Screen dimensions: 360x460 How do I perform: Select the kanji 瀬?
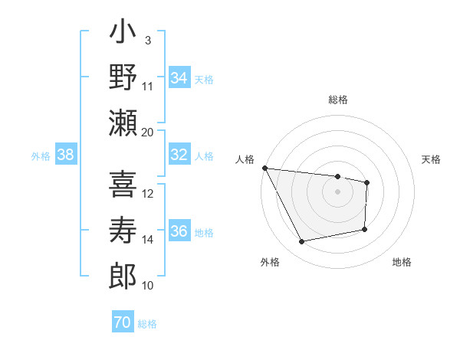pyautogui.click(x=123, y=123)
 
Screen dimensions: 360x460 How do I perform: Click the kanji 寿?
pyautogui.click(x=123, y=231)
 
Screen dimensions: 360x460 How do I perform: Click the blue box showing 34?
pyautogui.click(x=179, y=78)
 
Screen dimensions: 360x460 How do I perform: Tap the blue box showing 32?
pyautogui.click(x=179, y=155)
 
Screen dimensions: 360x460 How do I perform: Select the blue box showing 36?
pyautogui.click(x=179, y=231)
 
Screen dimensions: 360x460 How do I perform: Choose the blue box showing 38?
pyautogui.click(x=66, y=155)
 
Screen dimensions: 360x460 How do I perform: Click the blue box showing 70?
pyautogui.click(x=122, y=323)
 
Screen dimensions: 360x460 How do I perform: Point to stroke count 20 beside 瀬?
pyautogui.click(x=148, y=132)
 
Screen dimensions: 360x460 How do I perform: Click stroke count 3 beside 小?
pyautogui.click(x=147, y=40)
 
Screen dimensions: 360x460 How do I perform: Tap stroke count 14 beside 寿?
pyautogui.click(x=148, y=239)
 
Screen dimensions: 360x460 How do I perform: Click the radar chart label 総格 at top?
pyautogui.click(x=338, y=100)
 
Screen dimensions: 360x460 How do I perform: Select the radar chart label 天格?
pyautogui.click(x=432, y=159)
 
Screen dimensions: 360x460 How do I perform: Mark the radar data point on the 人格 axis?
pyautogui.click(x=264, y=168)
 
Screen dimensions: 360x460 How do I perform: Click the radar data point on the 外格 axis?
pyautogui.click(x=302, y=242)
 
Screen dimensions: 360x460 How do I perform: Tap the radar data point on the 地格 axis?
pyautogui.click(x=365, y=229)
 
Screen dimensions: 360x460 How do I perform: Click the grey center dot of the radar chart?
pyautogui.click(x=338, y=191)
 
